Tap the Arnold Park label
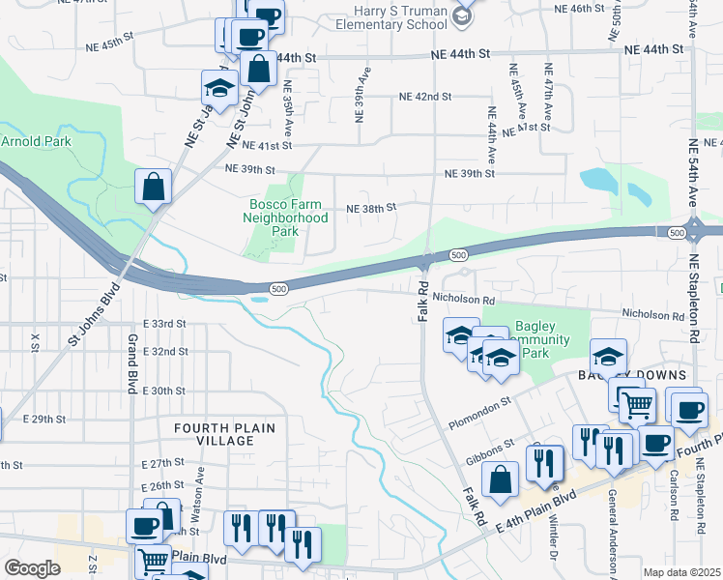36,141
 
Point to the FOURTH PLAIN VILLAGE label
224,434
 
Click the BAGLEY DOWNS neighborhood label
632,375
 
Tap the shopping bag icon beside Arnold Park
155,187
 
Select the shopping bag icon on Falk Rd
500,480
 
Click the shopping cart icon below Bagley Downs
636,406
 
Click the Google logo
32,567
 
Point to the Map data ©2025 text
681,572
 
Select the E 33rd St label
163,323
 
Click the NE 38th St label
372,209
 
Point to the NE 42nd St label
426,97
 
